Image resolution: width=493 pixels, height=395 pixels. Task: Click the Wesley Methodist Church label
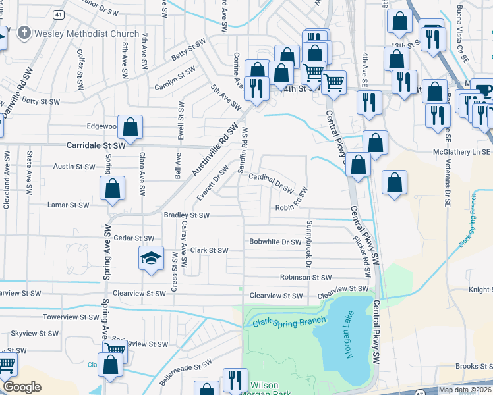[x=87, y=34]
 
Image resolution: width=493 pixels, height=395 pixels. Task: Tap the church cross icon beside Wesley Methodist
[x=25, y=33]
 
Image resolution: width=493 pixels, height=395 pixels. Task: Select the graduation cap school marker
[x=151, y=257]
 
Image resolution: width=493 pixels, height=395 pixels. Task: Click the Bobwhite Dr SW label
[x=275, y=242]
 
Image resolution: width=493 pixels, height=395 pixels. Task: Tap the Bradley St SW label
[x=186, y=215]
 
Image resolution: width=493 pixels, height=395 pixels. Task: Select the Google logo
[x=22, y=388]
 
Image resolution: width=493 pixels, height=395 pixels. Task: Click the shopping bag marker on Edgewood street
[x=131, y=126]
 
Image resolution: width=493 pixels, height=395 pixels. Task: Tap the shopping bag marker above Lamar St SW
[x=113, y=188]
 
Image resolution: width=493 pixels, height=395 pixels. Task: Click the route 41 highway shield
[x=59, y=14]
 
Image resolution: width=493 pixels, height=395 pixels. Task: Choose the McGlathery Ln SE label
[x=462, y=151]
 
